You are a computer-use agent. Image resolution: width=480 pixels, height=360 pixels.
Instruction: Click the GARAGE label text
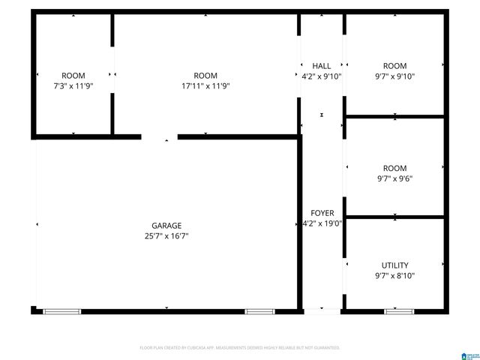pos(166,225)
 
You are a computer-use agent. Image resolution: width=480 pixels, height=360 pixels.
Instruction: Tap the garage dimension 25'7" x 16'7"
pos(166,235)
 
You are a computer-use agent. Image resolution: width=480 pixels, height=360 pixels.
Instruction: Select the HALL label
pos(322,66)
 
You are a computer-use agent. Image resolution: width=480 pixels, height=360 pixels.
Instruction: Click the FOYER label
pos(322,213)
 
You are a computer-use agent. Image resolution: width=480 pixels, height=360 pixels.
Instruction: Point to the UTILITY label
pos(394,265)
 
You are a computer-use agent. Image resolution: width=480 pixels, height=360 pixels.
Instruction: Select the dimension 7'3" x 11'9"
pos(73,85)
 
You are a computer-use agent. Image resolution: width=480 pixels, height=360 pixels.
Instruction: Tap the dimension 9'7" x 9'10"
pos(394,76)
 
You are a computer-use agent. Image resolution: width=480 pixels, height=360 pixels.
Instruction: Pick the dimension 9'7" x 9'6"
pos(394,178)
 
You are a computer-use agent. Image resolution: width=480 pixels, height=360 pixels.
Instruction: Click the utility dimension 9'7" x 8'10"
pos(394,275)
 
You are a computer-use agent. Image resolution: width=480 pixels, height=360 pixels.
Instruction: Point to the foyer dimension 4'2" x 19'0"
pos(322,223)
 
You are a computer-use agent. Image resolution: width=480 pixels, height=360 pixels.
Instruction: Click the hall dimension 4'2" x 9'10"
pos(322,76)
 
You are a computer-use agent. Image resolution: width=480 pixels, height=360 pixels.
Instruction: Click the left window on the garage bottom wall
pos(61,310)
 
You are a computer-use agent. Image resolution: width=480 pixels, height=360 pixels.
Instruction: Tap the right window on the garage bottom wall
pos(259,310)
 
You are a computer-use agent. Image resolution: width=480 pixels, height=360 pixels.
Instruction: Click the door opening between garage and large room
pos(159,137)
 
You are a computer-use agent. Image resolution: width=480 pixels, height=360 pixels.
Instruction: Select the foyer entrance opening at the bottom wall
pos(322,310)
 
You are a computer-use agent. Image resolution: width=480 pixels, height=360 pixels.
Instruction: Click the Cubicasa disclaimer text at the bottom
pos(240,348)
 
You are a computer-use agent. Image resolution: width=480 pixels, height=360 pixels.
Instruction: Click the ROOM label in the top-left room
pos(73,76)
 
